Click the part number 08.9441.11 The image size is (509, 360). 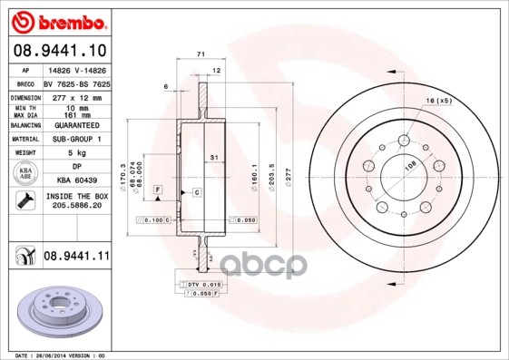click(x=76, y=257)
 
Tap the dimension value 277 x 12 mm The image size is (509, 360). click(x=76, y=96)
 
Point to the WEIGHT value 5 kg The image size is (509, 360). click(x=76, y=153)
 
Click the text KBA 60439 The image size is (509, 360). click(x=76, y=180)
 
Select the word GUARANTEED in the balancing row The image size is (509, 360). click(x=76, y=124)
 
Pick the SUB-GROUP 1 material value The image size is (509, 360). click(x=76, y=139)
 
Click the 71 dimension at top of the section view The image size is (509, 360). click(x=200, y=56)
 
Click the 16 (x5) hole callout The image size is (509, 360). click(x=438, y=100)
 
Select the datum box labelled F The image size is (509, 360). click(x=157, y=188)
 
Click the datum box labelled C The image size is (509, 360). click(x=196, y=193)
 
